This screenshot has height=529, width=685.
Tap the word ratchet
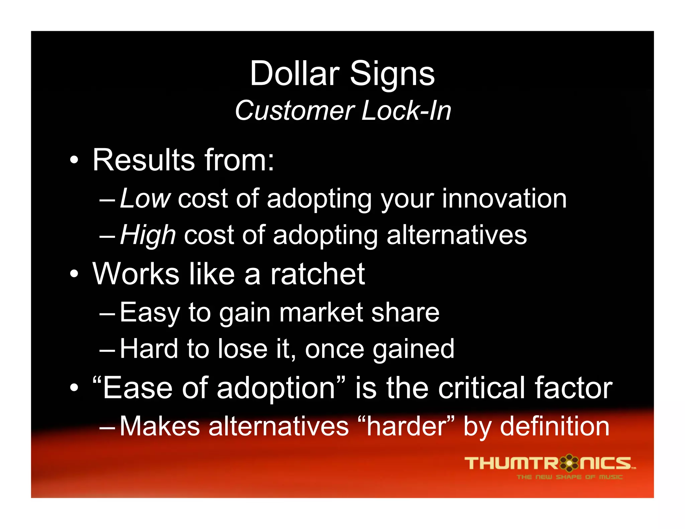click(317, 274)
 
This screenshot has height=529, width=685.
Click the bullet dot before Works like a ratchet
click(74, 274)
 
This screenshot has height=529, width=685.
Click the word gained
click(413, 349)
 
